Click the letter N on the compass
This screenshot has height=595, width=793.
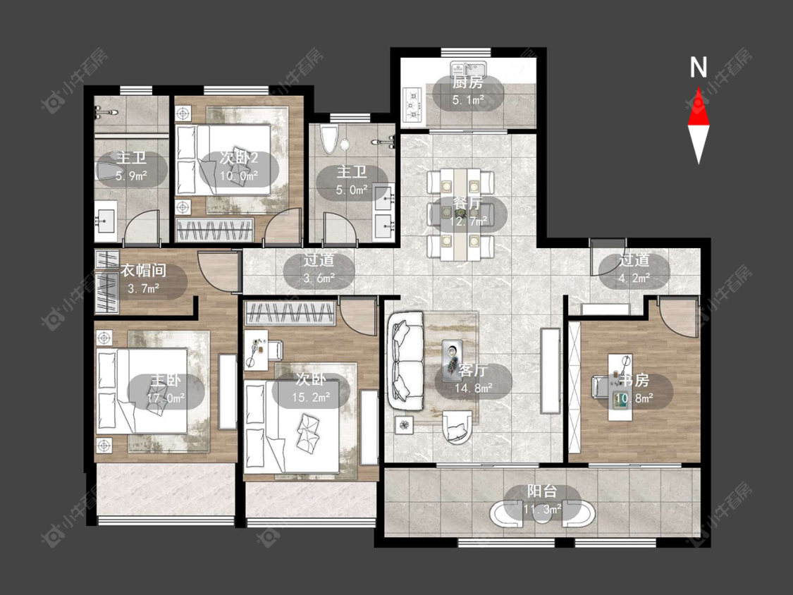coord(699,67)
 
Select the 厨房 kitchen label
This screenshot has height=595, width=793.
coord(468,82)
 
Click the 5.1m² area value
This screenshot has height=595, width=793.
coord(468,99)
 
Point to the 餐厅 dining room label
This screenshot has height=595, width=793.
coord(467,204)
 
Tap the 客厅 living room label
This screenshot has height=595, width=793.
coord(473,371)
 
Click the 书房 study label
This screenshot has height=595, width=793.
coord(634,380)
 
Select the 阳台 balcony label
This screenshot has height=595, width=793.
coord(542,491)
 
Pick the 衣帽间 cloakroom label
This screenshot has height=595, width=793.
coord(143,270)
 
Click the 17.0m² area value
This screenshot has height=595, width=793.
coord(166,398)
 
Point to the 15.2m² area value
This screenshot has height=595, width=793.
coord(311,398)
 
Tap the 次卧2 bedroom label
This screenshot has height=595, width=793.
coord(239,158)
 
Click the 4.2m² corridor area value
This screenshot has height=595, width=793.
coord(634,278)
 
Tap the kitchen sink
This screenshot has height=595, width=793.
coord(468,69)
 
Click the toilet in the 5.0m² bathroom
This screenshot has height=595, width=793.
coord(328,140)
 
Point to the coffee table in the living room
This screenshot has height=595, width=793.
coord(452,360)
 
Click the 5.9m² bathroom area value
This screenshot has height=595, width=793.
coord(131,176)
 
